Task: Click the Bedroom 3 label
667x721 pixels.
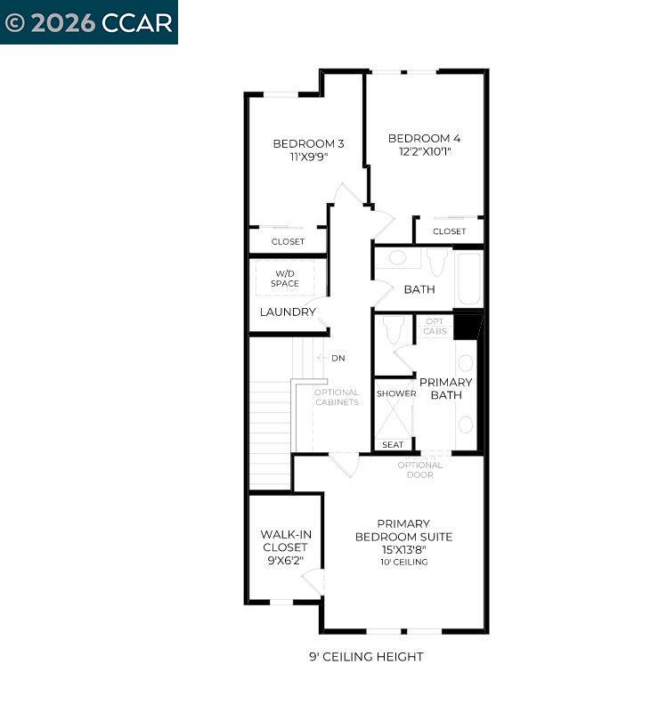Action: [308, 143]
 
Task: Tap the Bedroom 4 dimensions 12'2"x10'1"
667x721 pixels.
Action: [424, 151]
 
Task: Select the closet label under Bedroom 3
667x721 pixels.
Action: [288, 241]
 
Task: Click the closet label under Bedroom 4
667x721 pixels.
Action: [449, 231]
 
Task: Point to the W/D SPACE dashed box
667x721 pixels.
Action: [285, 278]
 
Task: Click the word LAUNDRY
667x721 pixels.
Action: [288, 312]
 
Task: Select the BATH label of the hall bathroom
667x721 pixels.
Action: [419, 289]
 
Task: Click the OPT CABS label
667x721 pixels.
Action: [435, 327]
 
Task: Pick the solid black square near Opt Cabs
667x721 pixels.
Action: [466, 326]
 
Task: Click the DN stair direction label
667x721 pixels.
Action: [338, 358]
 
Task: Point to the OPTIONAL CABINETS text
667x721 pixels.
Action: [337, 397]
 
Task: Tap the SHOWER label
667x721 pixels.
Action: [396, 393]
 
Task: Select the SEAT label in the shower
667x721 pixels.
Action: [393, 445]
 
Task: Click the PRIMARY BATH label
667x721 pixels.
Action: [445, 388]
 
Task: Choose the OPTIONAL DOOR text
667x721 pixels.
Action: [419, 470]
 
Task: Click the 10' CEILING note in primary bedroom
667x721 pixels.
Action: [403, 562]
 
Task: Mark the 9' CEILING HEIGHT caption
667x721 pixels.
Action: [365, 657]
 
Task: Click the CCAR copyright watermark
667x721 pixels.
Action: [88, 22]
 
